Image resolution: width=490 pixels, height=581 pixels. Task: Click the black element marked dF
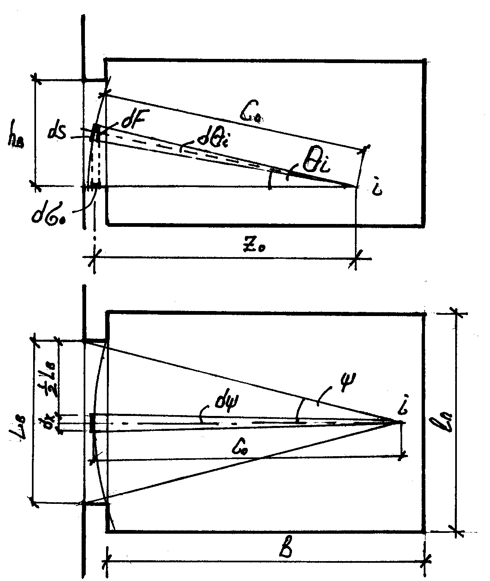[96, 132]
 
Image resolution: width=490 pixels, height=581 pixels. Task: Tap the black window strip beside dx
[93, 423]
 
